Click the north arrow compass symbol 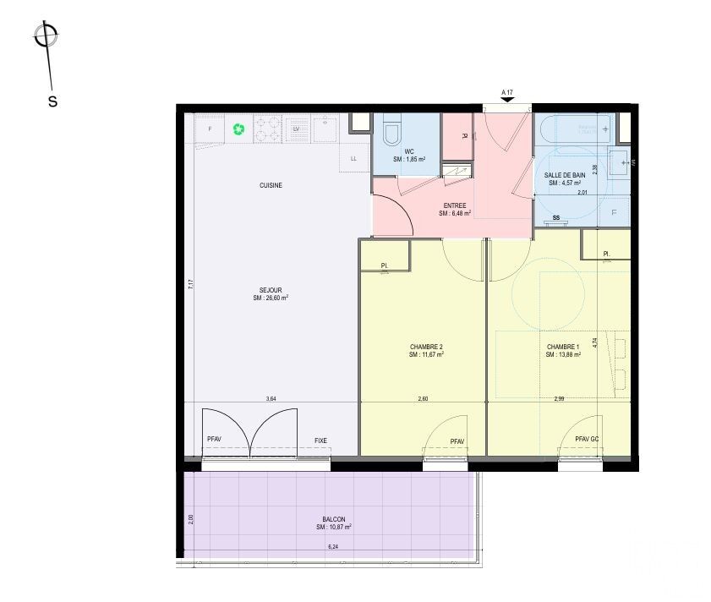[x=46, y=36]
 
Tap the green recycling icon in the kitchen [x=238, y=129]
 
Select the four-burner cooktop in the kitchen [x=269, y=129]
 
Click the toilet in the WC [x=391, y=133]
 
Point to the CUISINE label [x=271, y=185]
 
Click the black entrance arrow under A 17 [x=507, y=101]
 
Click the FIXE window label [x=320, y=441]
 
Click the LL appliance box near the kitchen [x=353, y=158]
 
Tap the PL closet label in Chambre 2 [x=384, y=265]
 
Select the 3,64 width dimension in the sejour [x=271, y=398]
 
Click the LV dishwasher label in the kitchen [x=297, y=129]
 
